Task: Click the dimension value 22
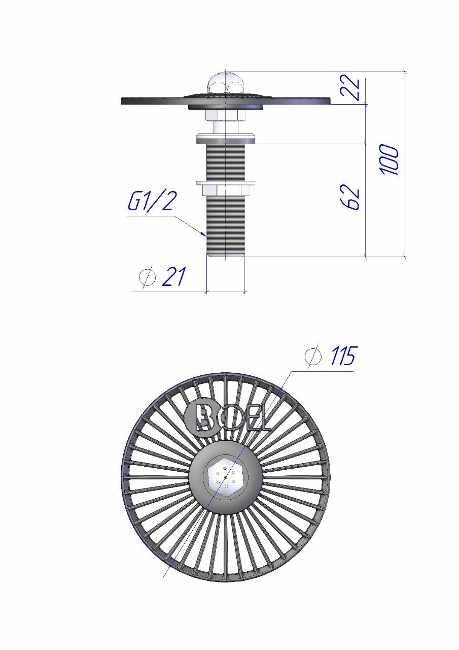(350, 88)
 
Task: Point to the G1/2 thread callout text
(151, 201)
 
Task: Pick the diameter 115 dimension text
(330, 356)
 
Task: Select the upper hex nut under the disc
(226, 115)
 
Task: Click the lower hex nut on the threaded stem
(226, 190)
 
